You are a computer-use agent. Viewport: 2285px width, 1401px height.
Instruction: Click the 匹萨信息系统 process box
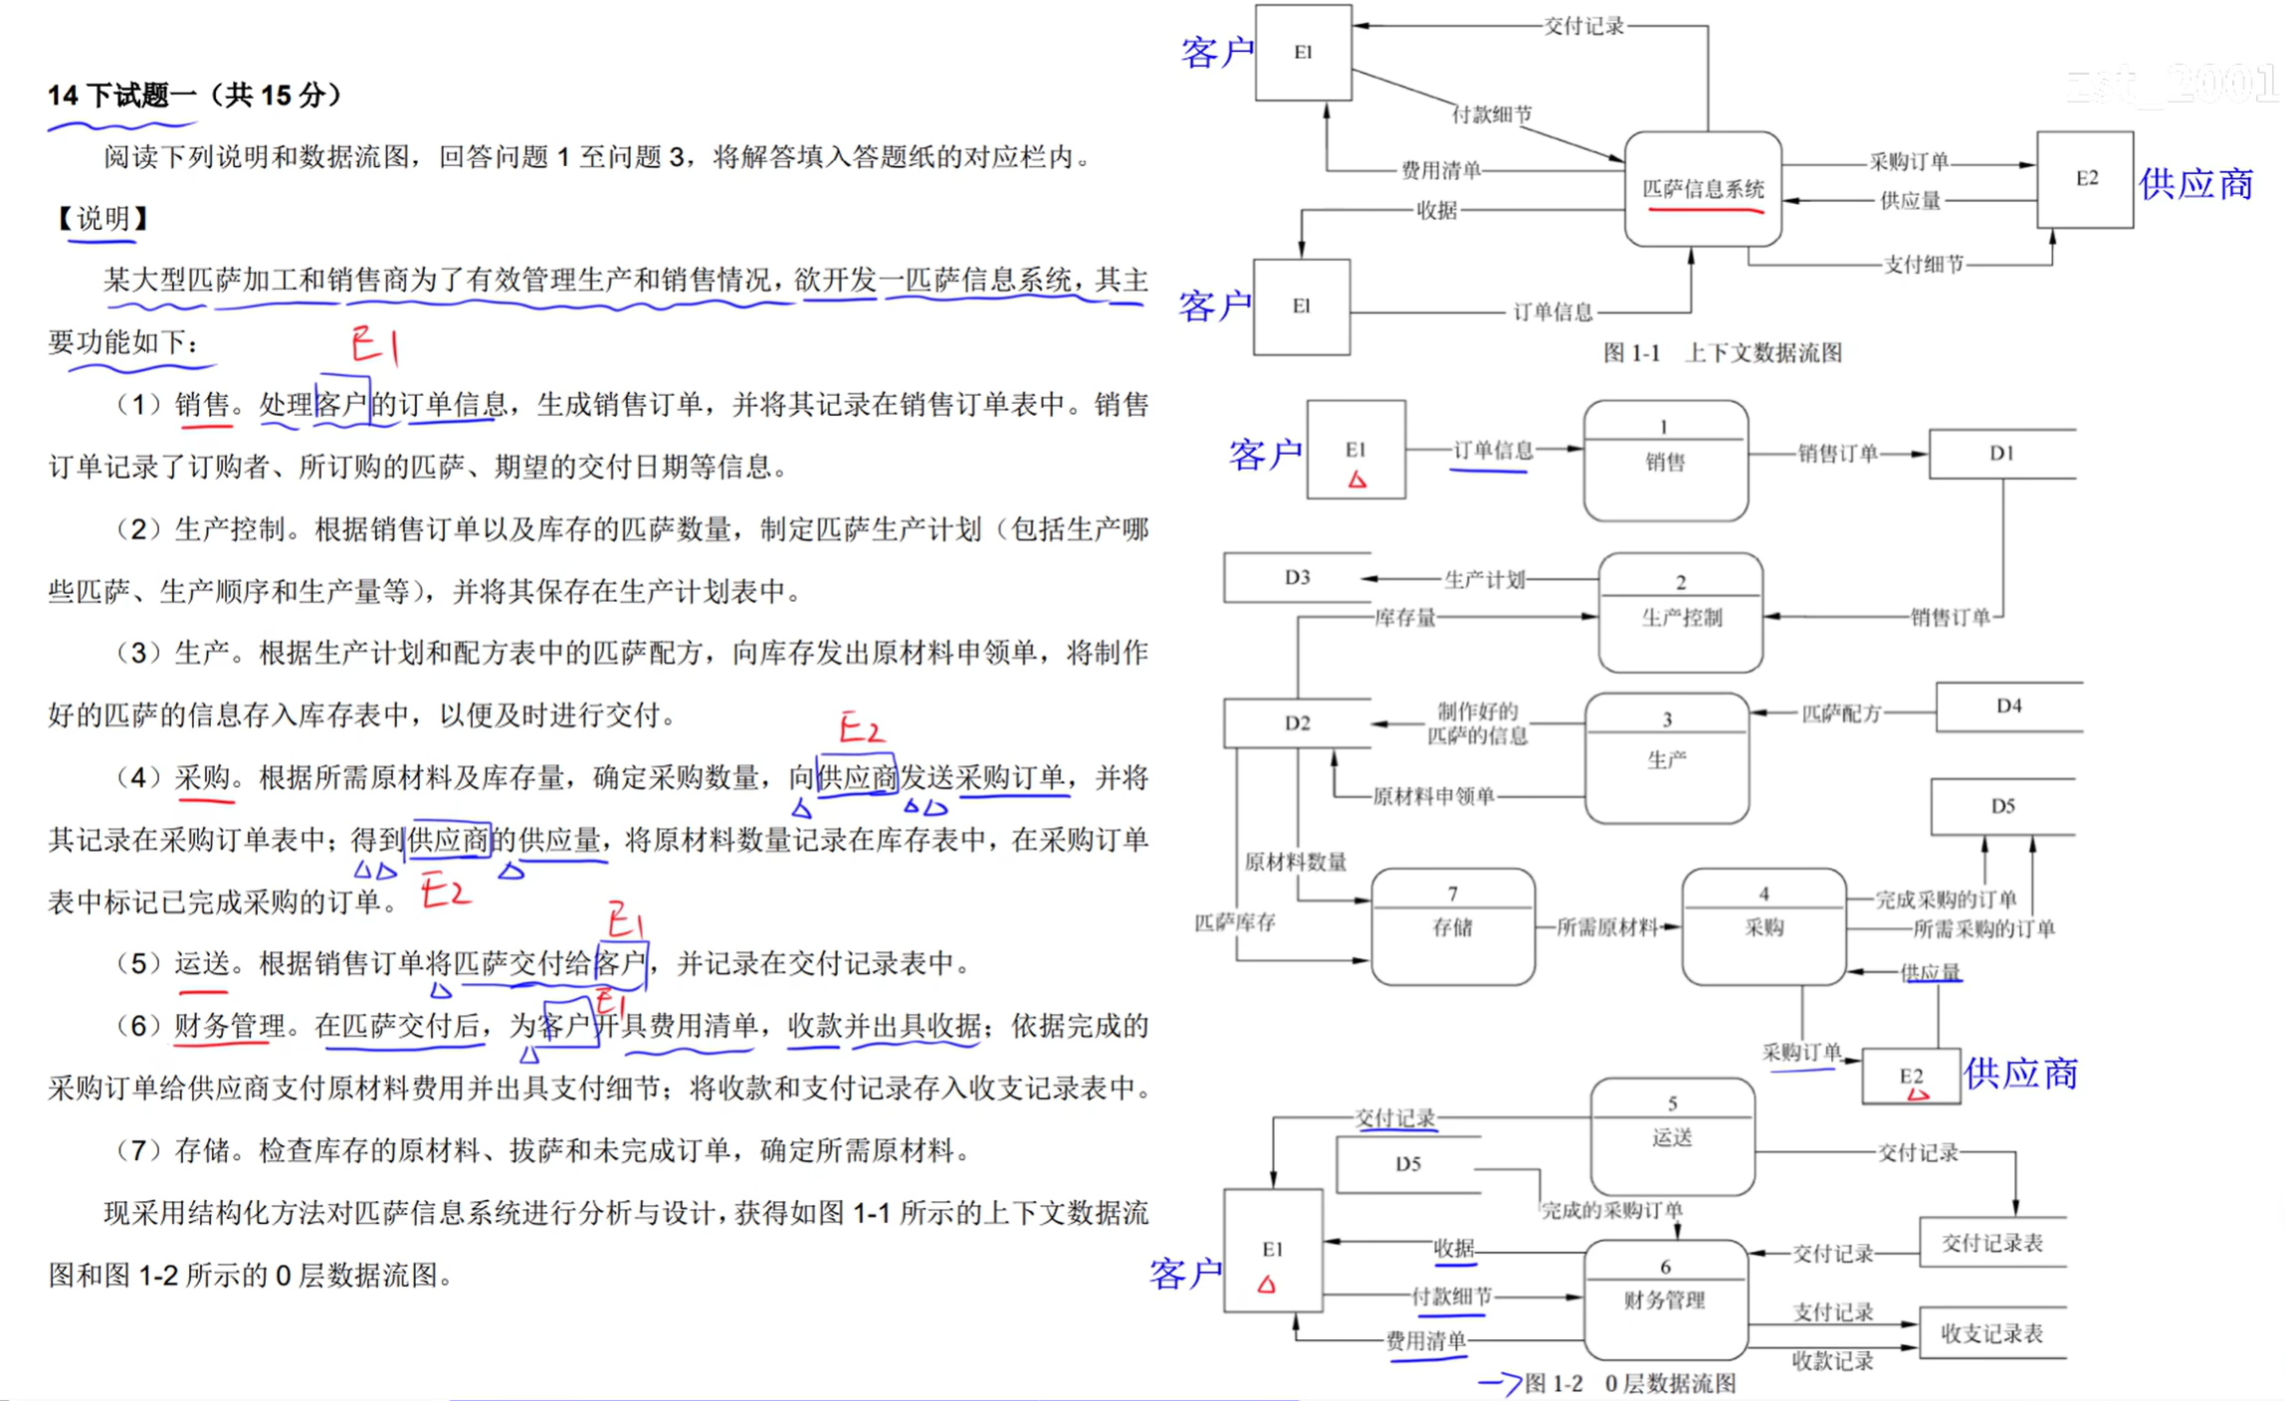tap(1702, 189)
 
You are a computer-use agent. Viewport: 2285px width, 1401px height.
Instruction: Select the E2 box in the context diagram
tap(2084, 179)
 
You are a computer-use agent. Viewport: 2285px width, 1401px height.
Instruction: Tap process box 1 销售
tap(1665, 461)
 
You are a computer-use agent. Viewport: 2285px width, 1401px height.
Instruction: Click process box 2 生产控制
tap(1680, 613)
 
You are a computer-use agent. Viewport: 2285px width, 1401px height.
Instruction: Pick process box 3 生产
tap(1666, 758)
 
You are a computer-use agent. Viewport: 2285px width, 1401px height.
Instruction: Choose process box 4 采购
tap(1764, 926)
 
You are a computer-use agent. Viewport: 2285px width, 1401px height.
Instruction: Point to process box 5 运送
tap(1672, 1136)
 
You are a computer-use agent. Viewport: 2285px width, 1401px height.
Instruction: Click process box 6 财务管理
tap(1665, 1299)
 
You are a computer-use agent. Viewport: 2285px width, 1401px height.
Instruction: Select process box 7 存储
tap(1452, 926)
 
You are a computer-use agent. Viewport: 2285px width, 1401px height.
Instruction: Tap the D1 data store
tap(2001, 454)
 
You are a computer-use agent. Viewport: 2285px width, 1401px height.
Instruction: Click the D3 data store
tap(1297, 577)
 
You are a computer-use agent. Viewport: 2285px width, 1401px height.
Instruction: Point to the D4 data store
tap(2008, 706)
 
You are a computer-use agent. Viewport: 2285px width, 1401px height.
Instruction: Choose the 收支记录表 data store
tap(1990, 1333)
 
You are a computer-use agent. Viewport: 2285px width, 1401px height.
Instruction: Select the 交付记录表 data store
tap(1991, 1243)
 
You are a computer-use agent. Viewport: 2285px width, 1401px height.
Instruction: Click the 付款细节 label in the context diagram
tap(1492, 115)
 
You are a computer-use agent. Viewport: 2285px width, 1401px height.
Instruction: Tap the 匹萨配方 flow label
tap(1841, 713)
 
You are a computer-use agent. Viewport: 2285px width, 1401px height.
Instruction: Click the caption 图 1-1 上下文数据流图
tap(1722, 353)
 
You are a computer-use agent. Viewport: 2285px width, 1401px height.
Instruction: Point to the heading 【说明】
tap(103, 219)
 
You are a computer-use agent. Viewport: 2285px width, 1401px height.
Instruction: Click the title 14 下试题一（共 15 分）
tap(195, 96)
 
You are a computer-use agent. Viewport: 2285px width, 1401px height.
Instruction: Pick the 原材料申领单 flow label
tap(1433, 796)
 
